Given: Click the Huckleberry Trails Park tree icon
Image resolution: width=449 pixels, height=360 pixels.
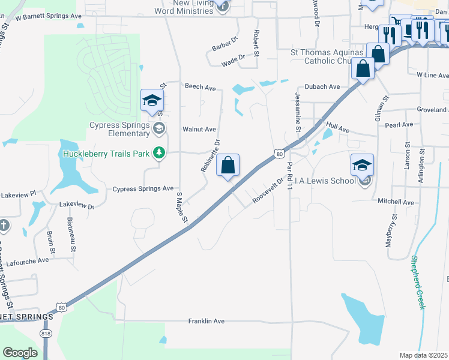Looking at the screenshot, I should pos(158,154).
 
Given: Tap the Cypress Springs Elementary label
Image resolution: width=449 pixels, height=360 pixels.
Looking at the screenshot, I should pos(119,129).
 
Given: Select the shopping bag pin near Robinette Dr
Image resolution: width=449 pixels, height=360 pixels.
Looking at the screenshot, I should pos(228,166).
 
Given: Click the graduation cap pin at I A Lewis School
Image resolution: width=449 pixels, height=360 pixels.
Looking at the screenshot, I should pos(363,164).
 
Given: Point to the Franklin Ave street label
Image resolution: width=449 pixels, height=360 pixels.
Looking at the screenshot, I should pos(206,322).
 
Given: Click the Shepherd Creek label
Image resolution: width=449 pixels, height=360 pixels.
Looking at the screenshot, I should pos(418,282).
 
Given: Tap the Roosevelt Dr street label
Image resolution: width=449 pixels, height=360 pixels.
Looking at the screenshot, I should pos(268,190).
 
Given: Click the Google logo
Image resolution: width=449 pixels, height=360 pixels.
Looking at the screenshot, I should pos(20,353).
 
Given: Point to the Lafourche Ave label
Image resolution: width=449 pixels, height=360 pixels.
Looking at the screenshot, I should pos(27,260).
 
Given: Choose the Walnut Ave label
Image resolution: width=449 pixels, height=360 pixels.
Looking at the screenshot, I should pos(199,129).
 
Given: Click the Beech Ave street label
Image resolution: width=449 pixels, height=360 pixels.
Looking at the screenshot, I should pos(200,88).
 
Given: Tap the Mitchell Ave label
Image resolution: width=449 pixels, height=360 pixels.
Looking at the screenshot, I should pos(396,203).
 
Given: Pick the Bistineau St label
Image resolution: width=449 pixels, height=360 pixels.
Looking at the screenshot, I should pos(72,231).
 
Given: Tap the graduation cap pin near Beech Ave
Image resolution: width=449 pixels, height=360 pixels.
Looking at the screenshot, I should pos(152,100).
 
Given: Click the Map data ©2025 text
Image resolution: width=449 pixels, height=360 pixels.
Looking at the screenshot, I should pos(423,355).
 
